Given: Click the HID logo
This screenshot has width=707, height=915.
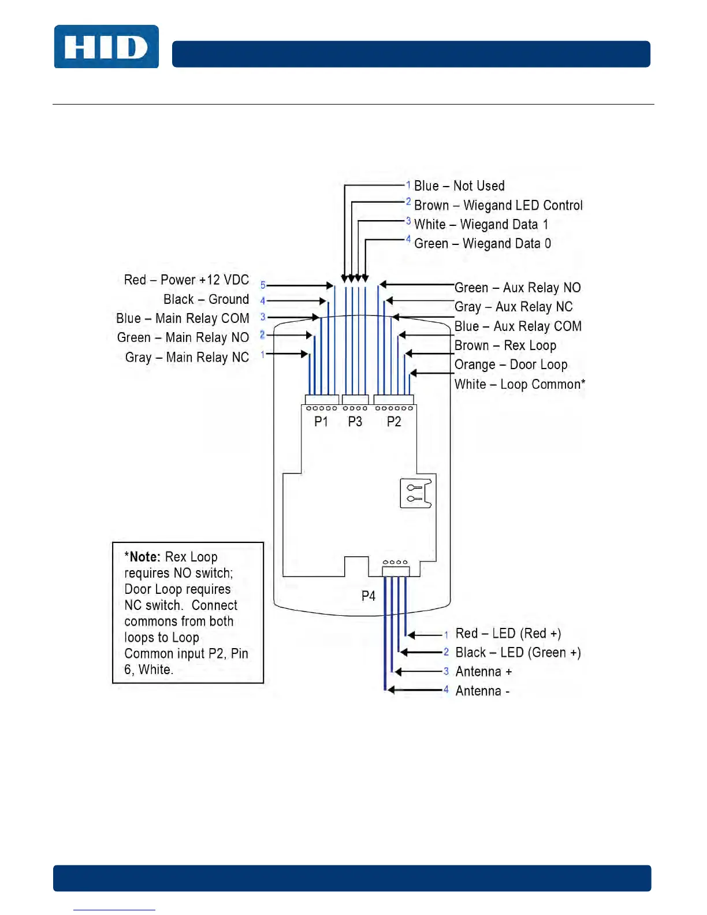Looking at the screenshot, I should point(106,47).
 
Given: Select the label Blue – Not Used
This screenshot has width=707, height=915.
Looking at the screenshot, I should point(459,186).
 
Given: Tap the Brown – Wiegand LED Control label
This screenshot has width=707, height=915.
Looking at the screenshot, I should point(498,206).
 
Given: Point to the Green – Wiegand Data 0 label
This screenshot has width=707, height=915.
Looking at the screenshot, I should point(482,244).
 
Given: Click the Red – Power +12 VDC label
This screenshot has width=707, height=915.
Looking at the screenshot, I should point(186,280).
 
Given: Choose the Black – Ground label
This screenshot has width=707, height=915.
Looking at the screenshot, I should point(206,299).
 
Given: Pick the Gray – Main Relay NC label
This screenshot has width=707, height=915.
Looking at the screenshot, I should point(187,358).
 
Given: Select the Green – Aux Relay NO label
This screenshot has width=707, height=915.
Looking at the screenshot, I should point(518,288).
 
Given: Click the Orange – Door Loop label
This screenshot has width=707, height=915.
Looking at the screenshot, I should point(511,365).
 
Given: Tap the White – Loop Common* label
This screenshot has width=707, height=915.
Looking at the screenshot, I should point(519,385).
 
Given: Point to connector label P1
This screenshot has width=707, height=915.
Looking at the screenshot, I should point(321,422).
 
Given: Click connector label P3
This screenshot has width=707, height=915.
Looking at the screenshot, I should point(355,422).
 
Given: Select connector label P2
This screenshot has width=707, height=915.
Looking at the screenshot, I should point(394,422).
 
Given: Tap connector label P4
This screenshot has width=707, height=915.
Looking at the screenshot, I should point(369,596).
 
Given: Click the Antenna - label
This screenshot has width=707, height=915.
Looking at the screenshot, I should point(482,691).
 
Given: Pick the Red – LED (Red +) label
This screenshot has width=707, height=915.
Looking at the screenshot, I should point(508,634).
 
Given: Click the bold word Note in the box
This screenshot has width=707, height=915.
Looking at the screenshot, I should point(144,557).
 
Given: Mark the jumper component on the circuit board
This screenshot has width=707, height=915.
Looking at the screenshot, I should point(416,493).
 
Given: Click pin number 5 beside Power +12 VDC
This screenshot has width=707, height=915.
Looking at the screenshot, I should point(263,285).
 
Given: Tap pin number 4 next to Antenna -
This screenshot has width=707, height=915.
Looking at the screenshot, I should point(446,690).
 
